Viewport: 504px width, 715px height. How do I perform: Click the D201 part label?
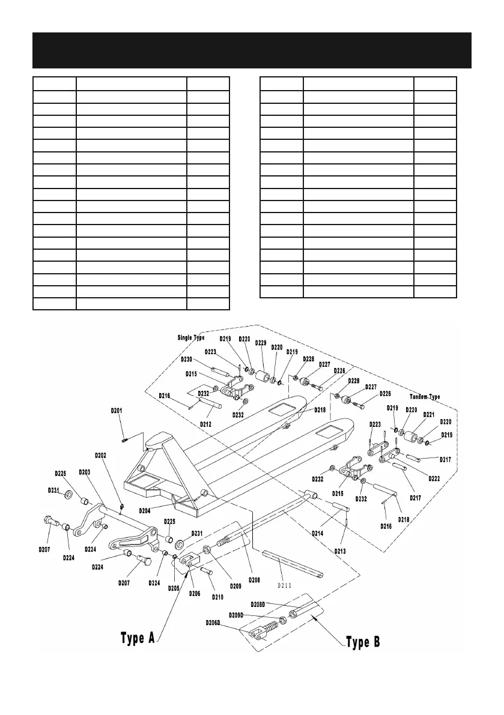point(117,411)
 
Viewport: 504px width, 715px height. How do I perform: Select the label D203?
point(84,472)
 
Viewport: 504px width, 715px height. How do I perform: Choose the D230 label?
point(186,360)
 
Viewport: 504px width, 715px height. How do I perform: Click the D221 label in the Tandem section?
point(428,414)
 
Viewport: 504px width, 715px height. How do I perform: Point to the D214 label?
point(318,532)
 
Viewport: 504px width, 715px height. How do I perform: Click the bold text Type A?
point(142,638)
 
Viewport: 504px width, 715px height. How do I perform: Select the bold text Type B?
point(363,642)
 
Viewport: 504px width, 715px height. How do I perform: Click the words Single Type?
point(190,337)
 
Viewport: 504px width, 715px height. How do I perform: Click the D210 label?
point(218,597)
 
